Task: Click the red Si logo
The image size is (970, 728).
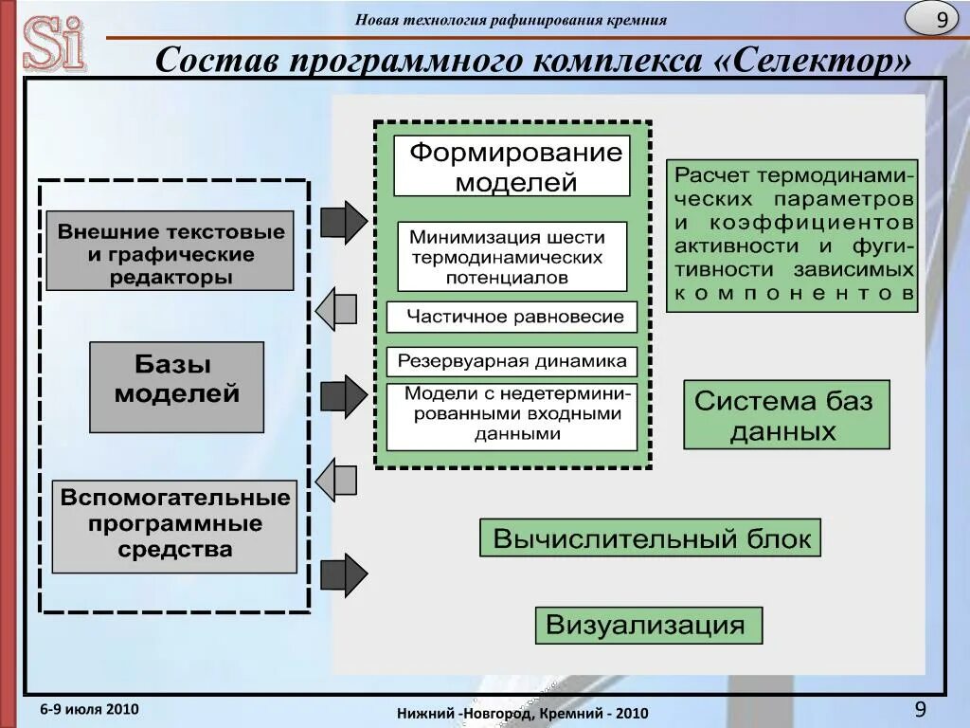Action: (x=54, y=43)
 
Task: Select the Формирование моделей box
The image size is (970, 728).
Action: (x=512, y=166)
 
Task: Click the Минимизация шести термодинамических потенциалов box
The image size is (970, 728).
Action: (x=512, y=256)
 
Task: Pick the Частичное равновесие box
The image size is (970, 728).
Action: (x=512, y=317)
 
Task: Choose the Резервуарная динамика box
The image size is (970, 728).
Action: (x=512, y=361)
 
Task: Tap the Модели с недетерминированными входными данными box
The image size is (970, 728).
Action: (x=512, y=416)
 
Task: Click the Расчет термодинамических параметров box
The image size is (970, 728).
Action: (x=792, y=235)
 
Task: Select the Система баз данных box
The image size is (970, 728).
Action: (x=786, y=415)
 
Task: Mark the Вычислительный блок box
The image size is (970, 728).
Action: (x=650, y=538)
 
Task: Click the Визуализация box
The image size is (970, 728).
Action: (x=648, y=626)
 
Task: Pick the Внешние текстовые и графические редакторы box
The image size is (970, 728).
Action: (x=170, y=251)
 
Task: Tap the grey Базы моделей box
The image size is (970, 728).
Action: (x=176, y=387)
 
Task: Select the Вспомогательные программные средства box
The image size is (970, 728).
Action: (x=174, y=526)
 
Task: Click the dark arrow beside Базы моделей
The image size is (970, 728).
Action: (x=343, y=396)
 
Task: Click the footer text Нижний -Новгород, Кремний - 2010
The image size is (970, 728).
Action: (x=522, y=713)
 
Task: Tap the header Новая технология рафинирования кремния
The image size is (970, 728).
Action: (x=511, y=20)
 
